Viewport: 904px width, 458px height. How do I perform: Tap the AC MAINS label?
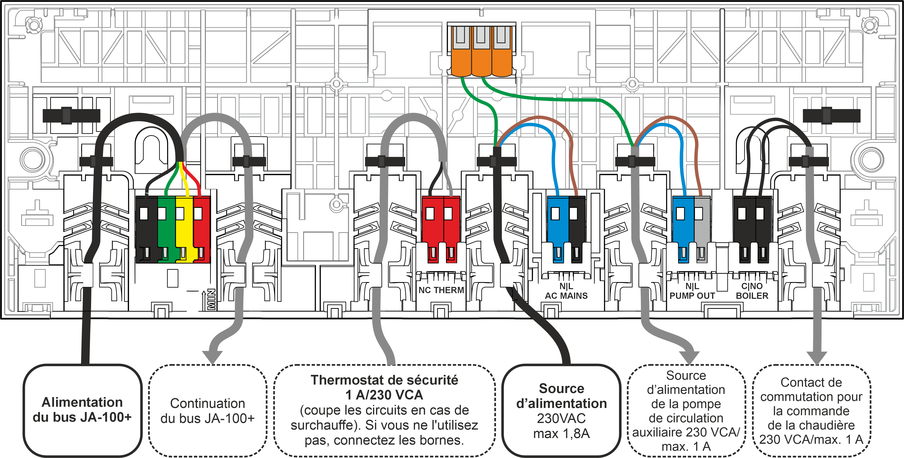pos(566,296)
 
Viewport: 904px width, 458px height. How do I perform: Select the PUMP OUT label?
pos(692,296)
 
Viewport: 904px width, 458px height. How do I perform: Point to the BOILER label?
pos(752,296)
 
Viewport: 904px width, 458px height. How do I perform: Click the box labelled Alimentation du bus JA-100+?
pos(82,410)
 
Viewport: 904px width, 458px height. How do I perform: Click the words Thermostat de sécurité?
pos(384,380)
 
